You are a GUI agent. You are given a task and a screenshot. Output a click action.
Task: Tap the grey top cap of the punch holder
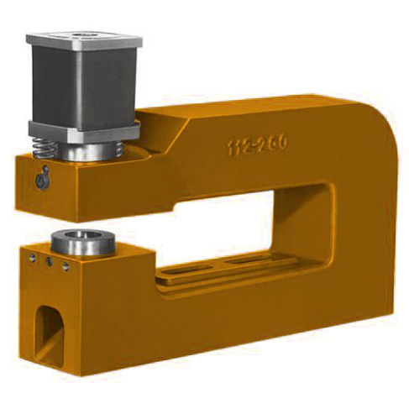tap(84, 39)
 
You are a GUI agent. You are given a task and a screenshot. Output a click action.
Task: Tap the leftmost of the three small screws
tap(33, 258)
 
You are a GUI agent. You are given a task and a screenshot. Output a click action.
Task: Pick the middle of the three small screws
tap(48, 262)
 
